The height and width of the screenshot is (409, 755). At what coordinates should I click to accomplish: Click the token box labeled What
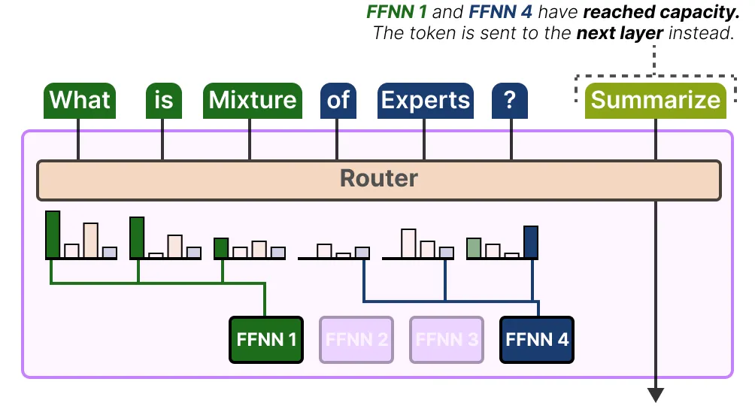coord(79,100)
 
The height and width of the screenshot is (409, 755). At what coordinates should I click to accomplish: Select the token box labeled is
coord(163,100)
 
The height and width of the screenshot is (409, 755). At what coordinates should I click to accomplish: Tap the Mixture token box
coord(252,100)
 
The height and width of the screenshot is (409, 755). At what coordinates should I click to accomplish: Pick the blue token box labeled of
coord(338,100)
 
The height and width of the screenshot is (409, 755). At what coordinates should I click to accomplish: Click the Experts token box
coord(425,100)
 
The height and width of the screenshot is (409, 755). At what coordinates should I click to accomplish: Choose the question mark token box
coord(510,100)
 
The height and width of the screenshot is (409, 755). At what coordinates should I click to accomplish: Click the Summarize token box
coord(655,100)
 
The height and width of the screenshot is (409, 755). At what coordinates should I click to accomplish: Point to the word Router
coord(378,179)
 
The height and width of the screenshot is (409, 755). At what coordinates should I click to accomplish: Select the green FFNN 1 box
coord(265,339)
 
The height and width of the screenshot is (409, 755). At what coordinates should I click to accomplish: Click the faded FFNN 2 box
coord(356,339)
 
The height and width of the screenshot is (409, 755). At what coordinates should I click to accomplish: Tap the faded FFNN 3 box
coord(446,339)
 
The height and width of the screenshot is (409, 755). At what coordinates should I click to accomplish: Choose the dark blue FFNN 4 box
coord(537,339)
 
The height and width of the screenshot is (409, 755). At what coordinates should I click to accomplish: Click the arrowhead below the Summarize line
coord(656,395)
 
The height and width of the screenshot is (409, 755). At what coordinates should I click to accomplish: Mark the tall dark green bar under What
coord(53,235)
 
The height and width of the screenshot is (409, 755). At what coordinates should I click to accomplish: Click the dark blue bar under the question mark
coord(531,242)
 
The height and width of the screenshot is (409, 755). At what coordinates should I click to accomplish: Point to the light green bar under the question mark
coord(474,248)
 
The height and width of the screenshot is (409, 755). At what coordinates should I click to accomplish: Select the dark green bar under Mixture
coord(221,248)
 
